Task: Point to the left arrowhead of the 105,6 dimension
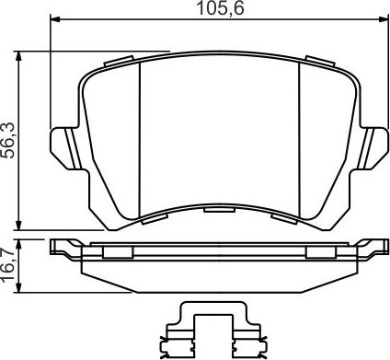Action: point(52,18)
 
